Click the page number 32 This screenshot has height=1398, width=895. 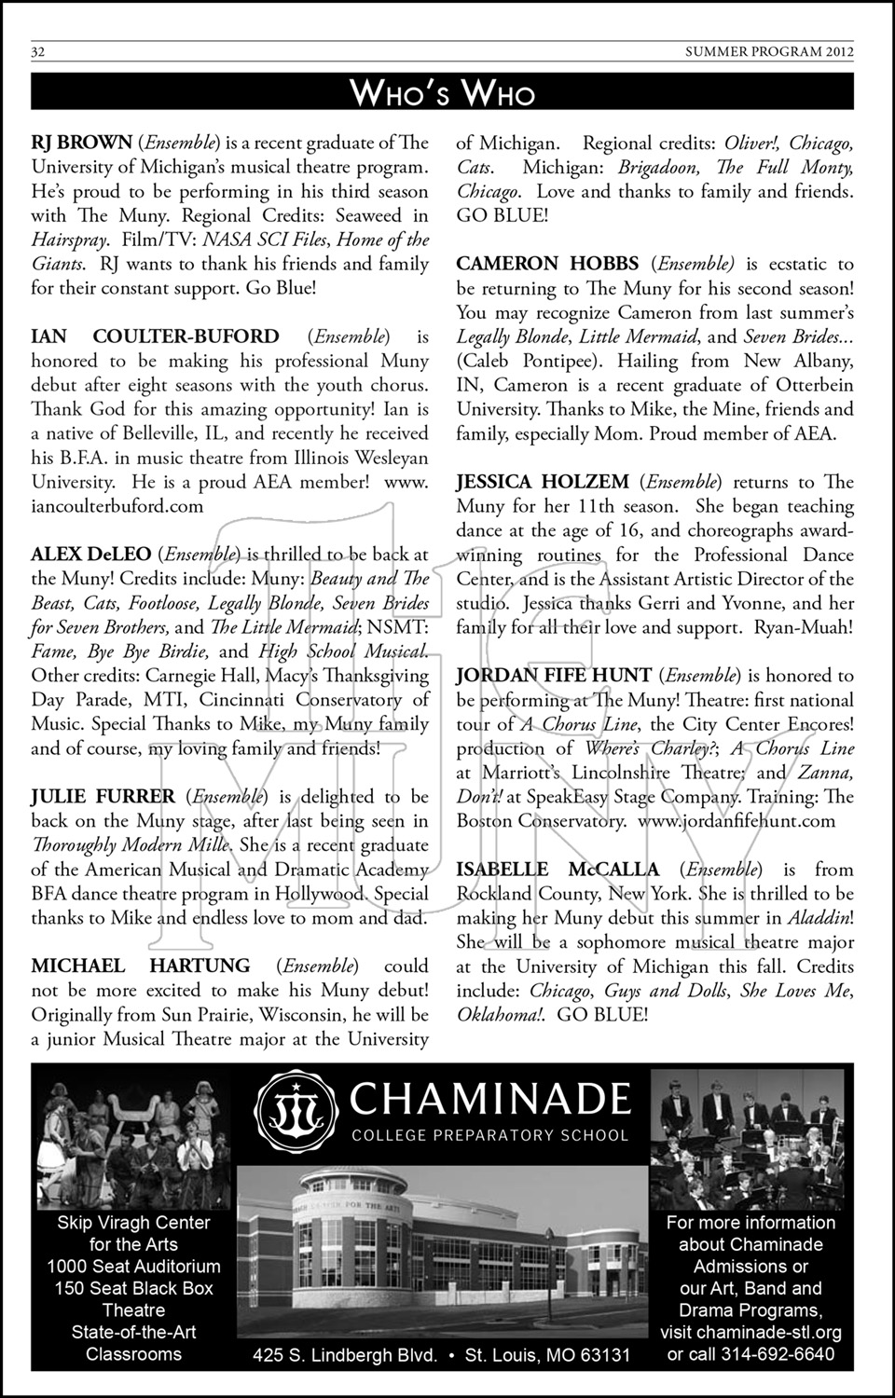pos(39,52)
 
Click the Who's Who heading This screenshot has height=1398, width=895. pos(442,93)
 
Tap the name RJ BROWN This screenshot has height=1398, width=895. pos(82,143)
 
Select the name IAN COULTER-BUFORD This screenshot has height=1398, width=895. pos(155,336)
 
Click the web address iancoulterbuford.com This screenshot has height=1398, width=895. pos(117,506)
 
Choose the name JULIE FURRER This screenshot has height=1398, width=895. pos(103,797)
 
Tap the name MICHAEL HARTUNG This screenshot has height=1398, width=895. pos(141,966)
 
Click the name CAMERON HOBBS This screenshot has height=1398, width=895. pos(546,265)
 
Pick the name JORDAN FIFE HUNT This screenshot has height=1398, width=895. pos(553,676)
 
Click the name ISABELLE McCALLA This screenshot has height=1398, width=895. pos(558,870)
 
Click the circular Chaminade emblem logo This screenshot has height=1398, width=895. pos(299,1112)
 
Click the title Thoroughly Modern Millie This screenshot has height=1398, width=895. pos(131,845)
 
